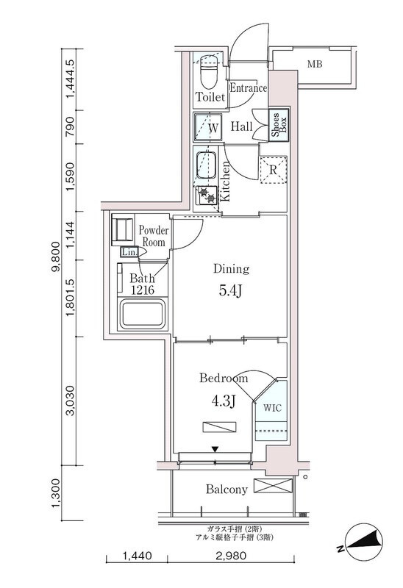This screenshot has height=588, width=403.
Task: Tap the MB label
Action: (x=314, y=65)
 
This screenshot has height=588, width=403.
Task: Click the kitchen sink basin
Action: (x=205, y=164)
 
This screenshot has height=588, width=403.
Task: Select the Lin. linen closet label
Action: (x=129, y=252)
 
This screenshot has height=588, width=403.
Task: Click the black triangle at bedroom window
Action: (x=215, y=450)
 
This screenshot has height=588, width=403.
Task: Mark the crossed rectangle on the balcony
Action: (x=268, y=487)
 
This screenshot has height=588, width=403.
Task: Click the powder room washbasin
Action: (x=119, y=232)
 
